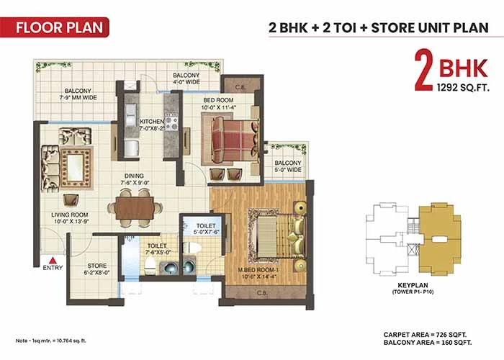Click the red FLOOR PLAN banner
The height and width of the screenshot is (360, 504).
click(55, 27)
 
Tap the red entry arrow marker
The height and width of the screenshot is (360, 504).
click(53, 260)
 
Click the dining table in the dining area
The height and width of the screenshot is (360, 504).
click(135, 208)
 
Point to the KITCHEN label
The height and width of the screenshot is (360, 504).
click(152, 122)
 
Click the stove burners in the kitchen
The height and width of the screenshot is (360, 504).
click(171, 122)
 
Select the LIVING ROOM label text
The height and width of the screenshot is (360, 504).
click(70, 215)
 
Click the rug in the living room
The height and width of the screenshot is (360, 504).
click(76, 168)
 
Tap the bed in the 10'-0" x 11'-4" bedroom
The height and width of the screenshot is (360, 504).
click(234, 141)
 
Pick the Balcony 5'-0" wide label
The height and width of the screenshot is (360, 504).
click(288, 166)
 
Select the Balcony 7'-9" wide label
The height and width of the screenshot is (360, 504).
click(78, 94)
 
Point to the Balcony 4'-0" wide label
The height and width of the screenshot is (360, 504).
click(186, 78)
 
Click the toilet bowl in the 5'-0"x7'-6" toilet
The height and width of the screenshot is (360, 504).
click(192, 248)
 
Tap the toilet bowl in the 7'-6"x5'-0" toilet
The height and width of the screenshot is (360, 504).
click(150, 265)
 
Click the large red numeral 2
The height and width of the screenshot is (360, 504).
click(423, 70)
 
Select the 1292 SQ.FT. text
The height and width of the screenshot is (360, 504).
click(463, 87)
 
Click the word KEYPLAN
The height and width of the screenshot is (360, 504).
click(413, 285)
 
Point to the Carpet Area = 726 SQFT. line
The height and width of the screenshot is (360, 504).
click(426, 335)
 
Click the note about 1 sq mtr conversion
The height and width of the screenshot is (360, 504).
click(51, 341)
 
